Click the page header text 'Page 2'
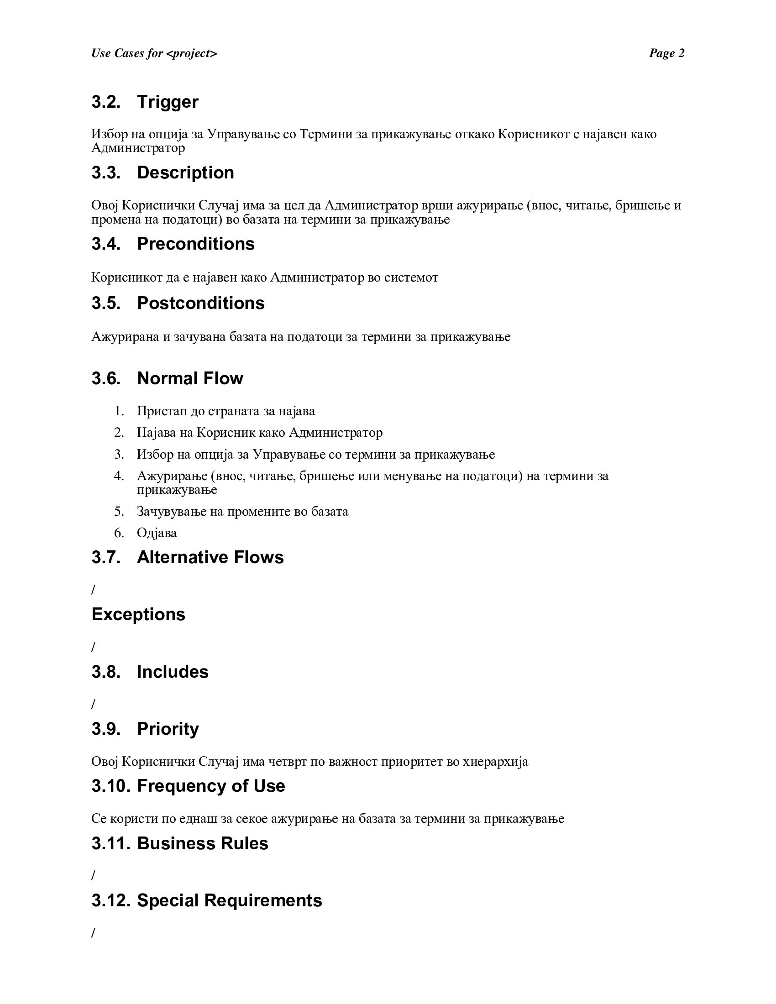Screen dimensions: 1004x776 point(666,53)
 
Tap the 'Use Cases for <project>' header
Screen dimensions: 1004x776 point(154,53)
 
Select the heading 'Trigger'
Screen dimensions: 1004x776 point(168,102)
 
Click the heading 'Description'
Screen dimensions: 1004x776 point(185,173)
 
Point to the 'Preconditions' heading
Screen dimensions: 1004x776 point(195,244)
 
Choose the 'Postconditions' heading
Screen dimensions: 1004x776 point(200,303)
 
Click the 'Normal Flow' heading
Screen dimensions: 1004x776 point(190,378)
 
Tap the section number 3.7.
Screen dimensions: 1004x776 point(106,557)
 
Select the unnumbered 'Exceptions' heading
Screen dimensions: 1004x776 point(138,614)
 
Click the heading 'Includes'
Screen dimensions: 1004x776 point(173,672)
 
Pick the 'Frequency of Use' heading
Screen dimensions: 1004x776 point(211,786)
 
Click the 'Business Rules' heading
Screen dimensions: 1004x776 point(202,843)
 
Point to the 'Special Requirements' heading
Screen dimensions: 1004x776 point(230,900)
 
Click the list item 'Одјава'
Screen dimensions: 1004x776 point(157,533)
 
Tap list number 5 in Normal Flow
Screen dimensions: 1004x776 point(119,511)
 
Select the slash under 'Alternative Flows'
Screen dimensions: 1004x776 point(93,590)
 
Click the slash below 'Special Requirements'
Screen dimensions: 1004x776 point(93,933)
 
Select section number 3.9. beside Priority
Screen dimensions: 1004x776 point(106,729)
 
